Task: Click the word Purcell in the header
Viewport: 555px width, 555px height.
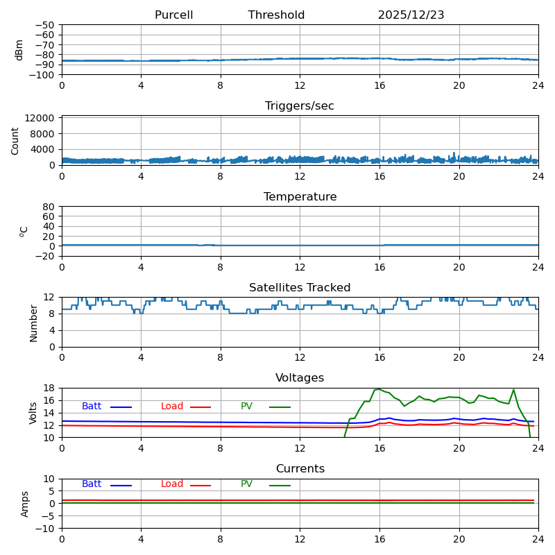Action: click(x=173, y=15)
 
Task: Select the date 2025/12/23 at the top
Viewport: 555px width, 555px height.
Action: click(x=411, y=15)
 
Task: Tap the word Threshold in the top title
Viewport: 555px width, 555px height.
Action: click(x=276, y=15)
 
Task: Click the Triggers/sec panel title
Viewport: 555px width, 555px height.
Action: click(x=300, y=106)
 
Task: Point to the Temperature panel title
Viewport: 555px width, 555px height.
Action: click(x=300, y=197)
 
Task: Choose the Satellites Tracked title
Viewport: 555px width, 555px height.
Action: click(x=300, y=288)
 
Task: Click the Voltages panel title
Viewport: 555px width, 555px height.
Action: click(x=300, y=378)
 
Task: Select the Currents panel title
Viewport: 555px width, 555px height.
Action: click(x=300, y=469)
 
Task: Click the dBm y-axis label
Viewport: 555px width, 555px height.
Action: click(x=19, y=49)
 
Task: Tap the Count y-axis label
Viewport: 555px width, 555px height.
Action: click(x=15, y=140)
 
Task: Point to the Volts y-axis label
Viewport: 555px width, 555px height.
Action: click(x=33, y=413)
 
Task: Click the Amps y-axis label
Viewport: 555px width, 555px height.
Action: click(x=25, y=504)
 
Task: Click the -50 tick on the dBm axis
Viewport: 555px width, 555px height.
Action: click(x=46, y=25)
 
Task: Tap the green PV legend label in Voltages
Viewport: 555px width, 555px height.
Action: click(x=246, y=407)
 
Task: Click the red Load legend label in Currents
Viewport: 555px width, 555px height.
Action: click(x=172, y=484)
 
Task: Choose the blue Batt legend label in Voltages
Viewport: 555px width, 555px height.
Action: click(x=92, y=407)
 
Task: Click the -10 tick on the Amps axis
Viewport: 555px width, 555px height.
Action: click(x=46, y=529)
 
